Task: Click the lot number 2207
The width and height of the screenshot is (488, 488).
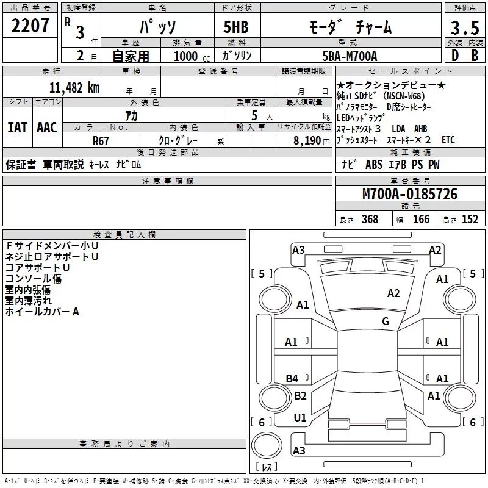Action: (x=30, y=26)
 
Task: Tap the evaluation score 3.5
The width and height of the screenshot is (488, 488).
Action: (x=464, y=27)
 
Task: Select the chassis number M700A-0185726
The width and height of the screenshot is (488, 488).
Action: (x=410, y=195)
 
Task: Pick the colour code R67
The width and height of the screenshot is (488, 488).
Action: (x=101, y=140)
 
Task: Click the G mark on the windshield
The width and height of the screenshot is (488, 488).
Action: (x=386, y=321)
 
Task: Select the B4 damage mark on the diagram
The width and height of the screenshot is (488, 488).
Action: (x=292, y=379)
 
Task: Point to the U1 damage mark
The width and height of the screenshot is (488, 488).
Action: (x=300, y=418)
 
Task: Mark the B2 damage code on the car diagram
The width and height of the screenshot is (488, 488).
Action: (x=300, y=396)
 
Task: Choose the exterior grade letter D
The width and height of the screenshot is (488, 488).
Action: (x=454, y=56)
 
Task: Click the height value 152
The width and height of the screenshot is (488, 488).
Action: (x=470, y=220)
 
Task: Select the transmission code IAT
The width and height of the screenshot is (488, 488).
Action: (x=17, y=127)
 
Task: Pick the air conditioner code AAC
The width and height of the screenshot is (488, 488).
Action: (x=47, y=127)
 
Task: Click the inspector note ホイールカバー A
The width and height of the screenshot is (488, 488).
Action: (x=43, y=312)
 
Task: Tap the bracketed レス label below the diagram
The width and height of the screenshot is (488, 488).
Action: (x=267, y=468)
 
